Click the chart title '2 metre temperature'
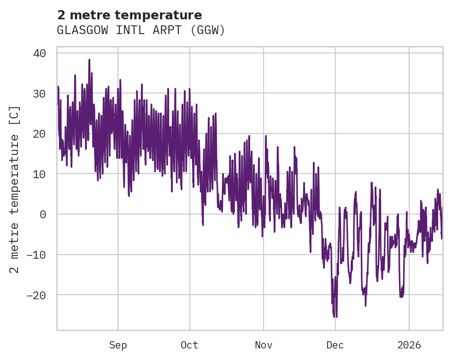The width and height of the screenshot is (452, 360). [129, 15]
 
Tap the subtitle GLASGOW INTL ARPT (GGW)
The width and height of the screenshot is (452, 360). [141, 30]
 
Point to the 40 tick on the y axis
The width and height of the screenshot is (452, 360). [39, 53]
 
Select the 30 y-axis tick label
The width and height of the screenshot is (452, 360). [39, 94]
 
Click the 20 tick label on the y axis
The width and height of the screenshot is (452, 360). [39, 134]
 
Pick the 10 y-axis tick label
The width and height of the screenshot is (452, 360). [39, 174]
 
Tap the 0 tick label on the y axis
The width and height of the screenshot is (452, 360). [42, 215]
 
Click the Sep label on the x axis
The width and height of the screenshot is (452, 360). [118, 345]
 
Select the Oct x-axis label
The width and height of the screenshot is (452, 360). [190, 345]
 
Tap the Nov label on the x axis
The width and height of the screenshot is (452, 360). [263, 345]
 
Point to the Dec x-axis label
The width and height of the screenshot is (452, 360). [335, 345]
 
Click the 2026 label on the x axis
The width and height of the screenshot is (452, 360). [409, 345]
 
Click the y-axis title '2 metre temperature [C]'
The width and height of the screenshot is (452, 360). [15, 189]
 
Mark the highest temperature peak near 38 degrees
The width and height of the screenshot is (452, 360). [89, 60]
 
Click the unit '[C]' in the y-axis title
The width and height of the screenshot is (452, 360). [15, 115]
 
